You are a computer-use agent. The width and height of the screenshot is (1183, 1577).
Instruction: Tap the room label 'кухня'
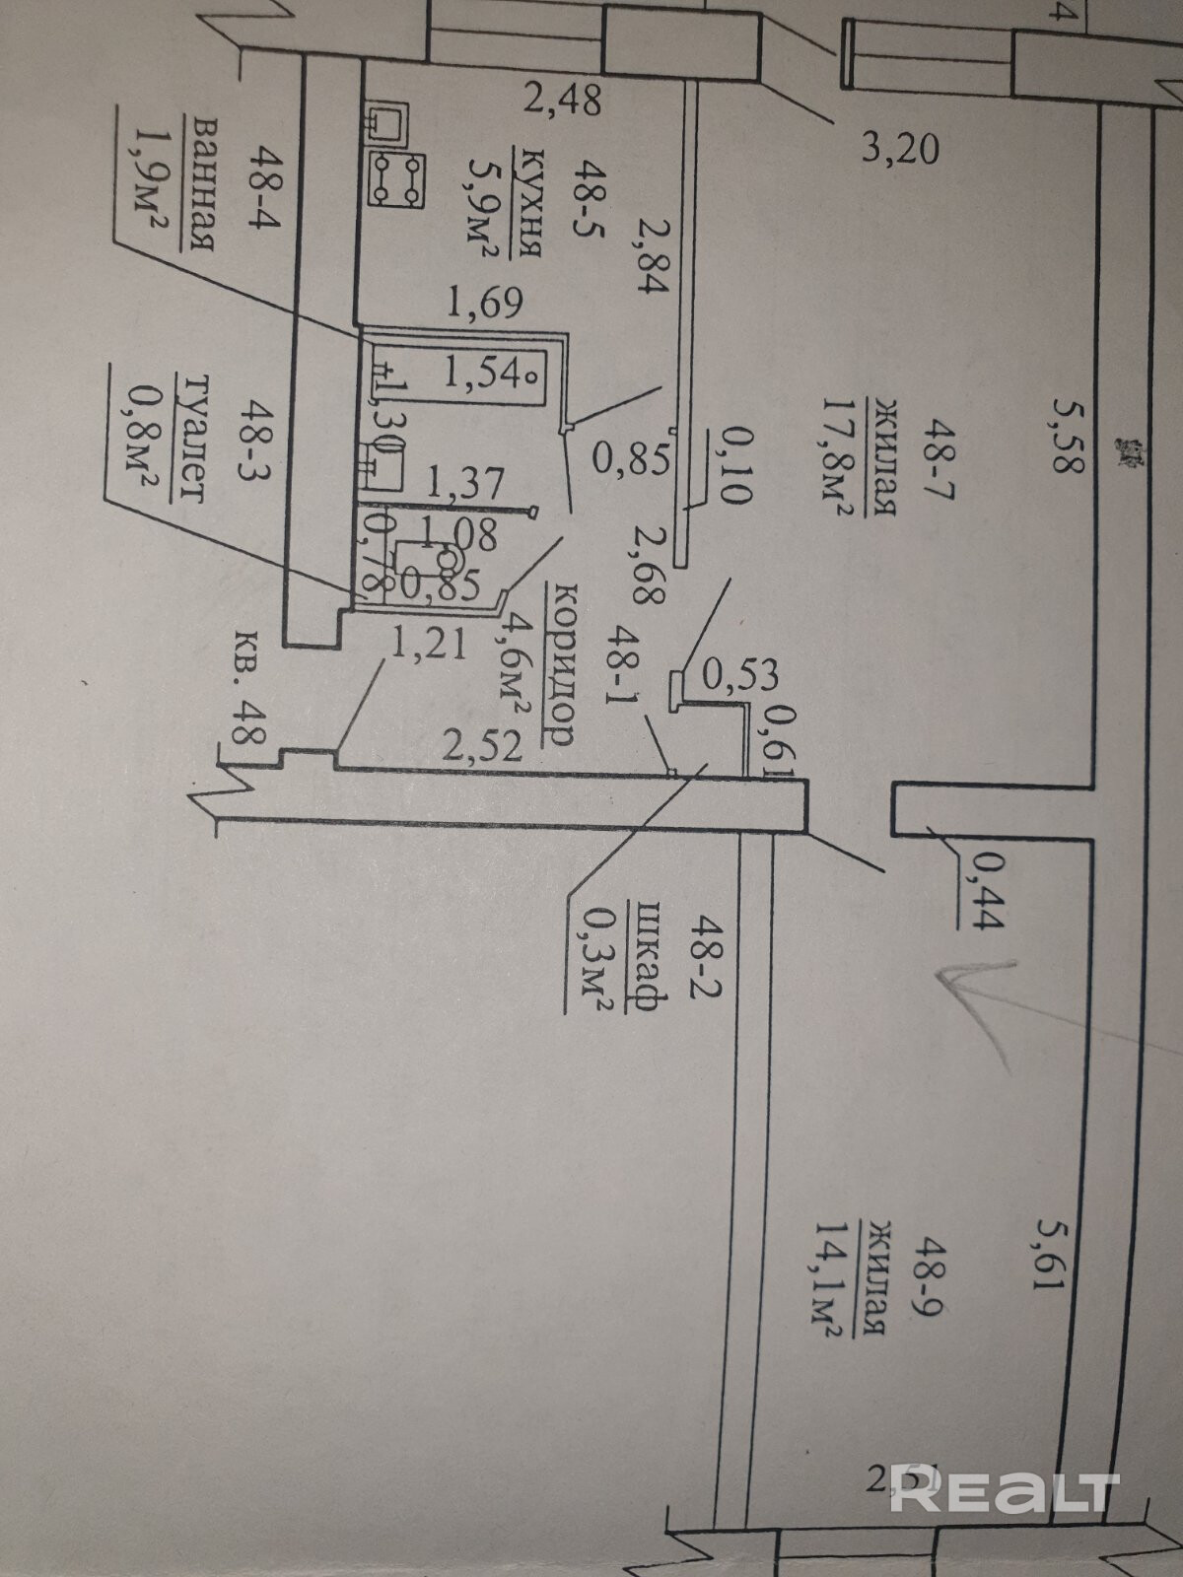coord(532,201)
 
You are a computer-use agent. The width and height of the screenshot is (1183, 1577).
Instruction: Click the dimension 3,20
coord(898,150)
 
